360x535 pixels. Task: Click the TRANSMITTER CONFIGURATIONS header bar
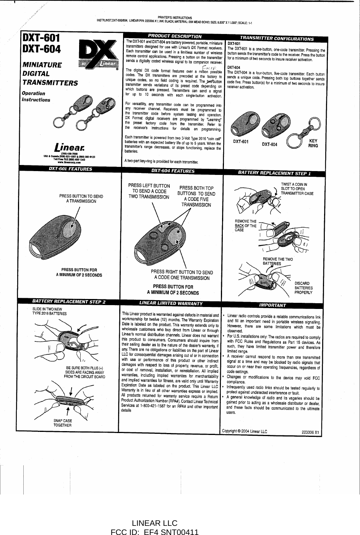click(276, 38)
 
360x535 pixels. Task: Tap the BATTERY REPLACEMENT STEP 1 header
click(274, 173)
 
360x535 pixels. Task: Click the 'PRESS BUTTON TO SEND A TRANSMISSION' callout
click(81, 199)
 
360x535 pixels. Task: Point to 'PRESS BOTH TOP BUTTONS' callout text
click(196, 196)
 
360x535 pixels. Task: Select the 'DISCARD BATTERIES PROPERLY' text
click(303, 288)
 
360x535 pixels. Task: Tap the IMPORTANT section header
click(272, 305)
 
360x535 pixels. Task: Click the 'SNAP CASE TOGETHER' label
click(63, 423)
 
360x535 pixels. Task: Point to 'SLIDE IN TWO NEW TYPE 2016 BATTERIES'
click(49, 311)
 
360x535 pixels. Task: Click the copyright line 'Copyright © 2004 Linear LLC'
click(245, 432)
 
